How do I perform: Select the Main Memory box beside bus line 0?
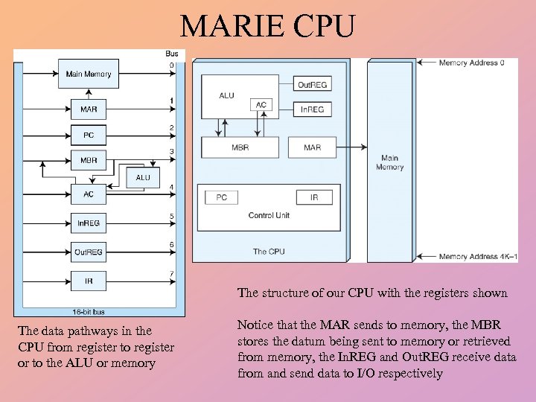coord(89,74)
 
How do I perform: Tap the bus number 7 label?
coord(171,274)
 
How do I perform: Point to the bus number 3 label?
coord(171,153)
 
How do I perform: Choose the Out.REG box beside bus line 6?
coord(89,252)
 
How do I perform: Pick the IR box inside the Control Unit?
coord(313,197)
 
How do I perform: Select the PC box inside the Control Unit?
coord(221,197)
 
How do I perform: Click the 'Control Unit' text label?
coord(269,216)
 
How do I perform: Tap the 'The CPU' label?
coord(269,252)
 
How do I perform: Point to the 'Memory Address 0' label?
coord(471,63)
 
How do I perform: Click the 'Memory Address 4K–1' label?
coord(477,257)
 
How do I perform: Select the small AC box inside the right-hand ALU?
coord(261,105)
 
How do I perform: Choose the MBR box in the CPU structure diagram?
coord(240,147)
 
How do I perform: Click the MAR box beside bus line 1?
coord(89,109)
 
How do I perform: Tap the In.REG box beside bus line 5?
coord(89,223)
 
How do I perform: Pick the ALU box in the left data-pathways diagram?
coord(143,178)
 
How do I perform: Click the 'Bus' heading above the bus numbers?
coord(171,54)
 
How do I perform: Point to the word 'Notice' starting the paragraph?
coord(255,325)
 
